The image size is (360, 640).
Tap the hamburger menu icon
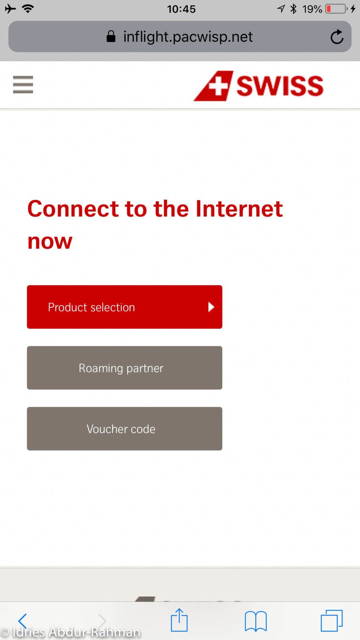tap(23, 85)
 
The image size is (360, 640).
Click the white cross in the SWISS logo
tap(218, 86)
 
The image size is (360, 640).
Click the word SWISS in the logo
tap(280, 86)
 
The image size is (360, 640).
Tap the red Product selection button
tap(124, 307)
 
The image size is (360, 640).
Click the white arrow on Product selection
tap(211, 307)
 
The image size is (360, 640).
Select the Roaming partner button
tap(124, 368)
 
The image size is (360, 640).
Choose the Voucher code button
tap(124, 428)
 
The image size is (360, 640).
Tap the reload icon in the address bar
tap(337, 36)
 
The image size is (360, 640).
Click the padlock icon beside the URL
tap(111, 36)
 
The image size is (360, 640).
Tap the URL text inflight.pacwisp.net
tap(188, 37)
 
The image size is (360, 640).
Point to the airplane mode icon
tap(10, 9)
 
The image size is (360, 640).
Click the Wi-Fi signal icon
tap(28, 9)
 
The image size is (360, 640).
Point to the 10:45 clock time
tap(181, 9)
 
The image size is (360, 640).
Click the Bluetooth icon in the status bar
tap(293, 9)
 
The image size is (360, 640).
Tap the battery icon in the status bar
tap(337, 9)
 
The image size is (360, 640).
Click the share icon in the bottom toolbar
tap(179, 620)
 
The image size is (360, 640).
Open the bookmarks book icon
tap(256, 621)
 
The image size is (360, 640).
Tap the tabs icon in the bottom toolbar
tap(331, 620)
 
